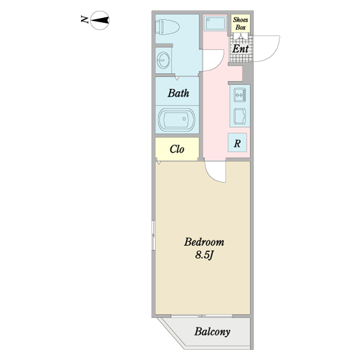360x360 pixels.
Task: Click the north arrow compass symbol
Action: point(100,20)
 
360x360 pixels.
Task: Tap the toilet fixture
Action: point(167,27)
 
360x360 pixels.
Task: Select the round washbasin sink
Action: point(163,61)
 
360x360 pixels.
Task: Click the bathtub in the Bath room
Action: point(176,119)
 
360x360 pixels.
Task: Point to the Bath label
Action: point(178,93)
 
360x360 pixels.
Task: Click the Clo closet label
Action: point(177,149)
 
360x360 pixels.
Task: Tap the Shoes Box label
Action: point(241,23)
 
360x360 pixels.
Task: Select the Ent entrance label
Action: point(241,49)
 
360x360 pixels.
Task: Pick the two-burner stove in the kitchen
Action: point(240,95)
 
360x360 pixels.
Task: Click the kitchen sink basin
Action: point(239,116)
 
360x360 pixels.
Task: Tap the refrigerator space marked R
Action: point(238,143)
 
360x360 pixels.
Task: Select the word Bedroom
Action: point(204,242)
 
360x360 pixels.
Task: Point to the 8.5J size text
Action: point(205,255)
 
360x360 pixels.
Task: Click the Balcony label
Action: point(212,332)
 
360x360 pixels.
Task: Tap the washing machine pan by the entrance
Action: point(215,23)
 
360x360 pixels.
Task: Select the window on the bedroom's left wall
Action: point(153,236)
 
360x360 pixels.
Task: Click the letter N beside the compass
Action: point(85,19)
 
